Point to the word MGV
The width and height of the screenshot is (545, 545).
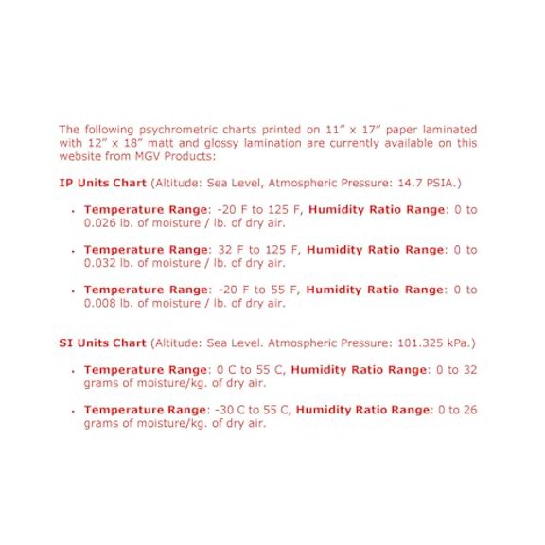point(140,156)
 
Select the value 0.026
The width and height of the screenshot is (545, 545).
point(99,223)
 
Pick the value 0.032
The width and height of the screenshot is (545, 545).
point(99,263)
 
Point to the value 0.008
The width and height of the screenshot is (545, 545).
point(99,303)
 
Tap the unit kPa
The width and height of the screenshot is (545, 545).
point(460,343)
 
